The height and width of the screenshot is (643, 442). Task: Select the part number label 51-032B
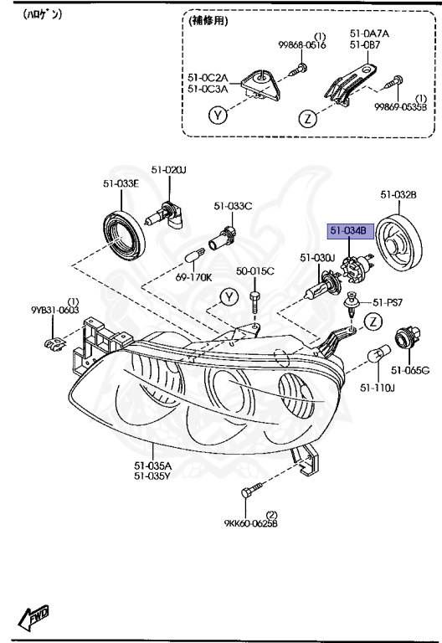coord(398,196)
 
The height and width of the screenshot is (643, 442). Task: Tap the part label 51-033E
coord(121,184)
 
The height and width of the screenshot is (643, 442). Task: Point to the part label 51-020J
coord(168,170)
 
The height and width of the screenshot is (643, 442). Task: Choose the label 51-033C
coord(232,205)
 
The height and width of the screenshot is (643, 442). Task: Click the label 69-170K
coord(193,276)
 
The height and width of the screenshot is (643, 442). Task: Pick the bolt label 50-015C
coord(254,271)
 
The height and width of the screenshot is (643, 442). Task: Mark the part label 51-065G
coord(411,369)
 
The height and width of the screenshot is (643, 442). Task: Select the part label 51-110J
coord(378,388)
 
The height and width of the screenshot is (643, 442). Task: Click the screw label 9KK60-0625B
coord(250,524)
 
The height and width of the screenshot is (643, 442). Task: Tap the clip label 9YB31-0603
coord(55,310)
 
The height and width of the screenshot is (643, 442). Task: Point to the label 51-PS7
coord(388,302)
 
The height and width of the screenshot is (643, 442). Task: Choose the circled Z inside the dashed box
coord(310,118)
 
